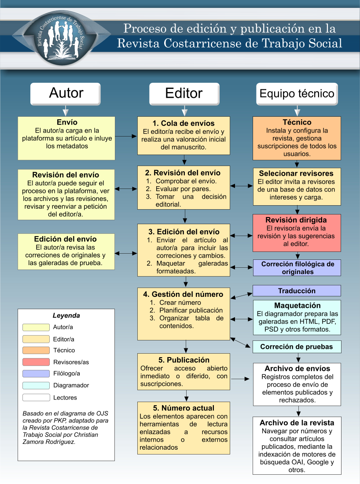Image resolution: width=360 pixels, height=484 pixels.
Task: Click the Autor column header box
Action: tap(66, 93)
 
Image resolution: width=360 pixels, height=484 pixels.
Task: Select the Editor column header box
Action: tap(184, 93)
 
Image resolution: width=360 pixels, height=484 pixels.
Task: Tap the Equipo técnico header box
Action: tap(297, 94)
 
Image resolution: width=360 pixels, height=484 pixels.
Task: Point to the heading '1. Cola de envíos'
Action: tap(184, 123)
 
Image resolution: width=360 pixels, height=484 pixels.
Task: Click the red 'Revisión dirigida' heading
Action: tap(296, 220)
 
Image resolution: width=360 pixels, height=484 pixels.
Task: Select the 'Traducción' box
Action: tap(297, 291)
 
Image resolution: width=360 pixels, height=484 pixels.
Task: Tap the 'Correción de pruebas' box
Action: tap(297, 347)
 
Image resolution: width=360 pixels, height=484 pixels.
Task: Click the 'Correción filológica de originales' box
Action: tap(297, 268)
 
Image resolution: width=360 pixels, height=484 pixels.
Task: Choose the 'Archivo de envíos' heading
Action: tap(297, 369)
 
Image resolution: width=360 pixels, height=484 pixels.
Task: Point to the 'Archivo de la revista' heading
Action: tap(297, 423)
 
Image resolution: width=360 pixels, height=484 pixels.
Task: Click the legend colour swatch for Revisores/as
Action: tap(36, 362)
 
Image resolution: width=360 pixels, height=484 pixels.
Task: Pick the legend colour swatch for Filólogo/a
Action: tap(36, 374)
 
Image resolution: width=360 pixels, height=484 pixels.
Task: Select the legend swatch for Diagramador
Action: tap(36, 385)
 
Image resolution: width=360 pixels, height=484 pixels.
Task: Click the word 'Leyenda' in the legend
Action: tap(66, 316)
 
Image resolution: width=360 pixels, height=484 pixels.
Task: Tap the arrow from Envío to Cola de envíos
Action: tap(126, 137)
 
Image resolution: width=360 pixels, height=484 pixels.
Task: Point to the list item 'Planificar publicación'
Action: tap(191, 310)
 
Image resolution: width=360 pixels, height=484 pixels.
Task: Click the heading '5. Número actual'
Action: tap(184, 408)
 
